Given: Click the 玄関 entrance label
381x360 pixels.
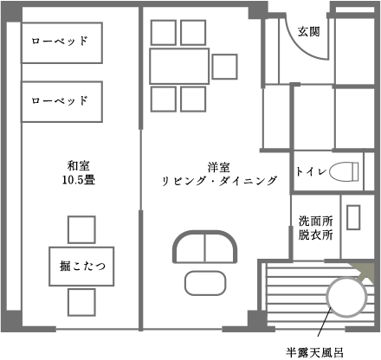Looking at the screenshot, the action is (x=309, y=31).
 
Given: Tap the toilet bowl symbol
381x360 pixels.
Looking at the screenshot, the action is (x=344, y=171).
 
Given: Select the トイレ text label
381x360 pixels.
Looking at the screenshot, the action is (x=311, y=171).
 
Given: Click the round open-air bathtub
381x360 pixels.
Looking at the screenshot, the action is (x=346, y=297).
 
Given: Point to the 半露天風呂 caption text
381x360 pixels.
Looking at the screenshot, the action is (x=315, y=352).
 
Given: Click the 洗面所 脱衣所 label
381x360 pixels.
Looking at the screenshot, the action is (x=315, y=228).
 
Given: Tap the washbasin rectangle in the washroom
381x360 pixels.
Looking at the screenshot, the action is (x=353, y=217).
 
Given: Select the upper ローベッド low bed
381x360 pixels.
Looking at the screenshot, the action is (x=61, y=42).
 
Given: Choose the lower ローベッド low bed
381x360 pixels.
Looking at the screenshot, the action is (x=61, y=102).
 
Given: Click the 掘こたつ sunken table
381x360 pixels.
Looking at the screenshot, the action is (x=81, y=267).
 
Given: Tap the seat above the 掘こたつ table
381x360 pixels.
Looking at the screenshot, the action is (x=81, y=229).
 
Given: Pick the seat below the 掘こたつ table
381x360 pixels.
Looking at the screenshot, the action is (x=81, y=302).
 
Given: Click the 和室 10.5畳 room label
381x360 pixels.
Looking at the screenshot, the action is (x=79, y=173).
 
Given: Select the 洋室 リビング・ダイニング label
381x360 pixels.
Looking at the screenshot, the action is (x=219, y=175).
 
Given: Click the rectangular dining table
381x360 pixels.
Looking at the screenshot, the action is (x=179, y=67).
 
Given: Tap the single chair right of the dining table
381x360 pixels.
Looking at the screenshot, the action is (x=224, y=67).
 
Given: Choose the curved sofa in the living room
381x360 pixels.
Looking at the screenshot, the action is (x=204, y=247).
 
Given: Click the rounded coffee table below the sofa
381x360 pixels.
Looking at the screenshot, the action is (x=205, y=283).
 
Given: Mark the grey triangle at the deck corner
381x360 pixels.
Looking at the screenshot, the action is (x=365, y=272).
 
